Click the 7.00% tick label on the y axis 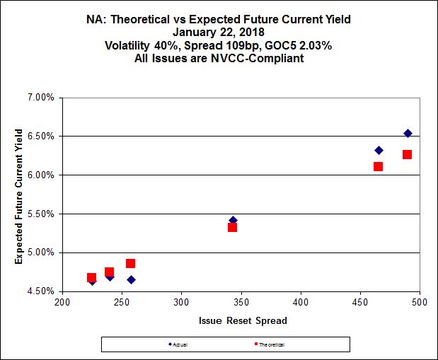coord(40,97)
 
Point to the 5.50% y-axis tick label coord(40,214)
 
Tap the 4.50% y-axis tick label coord(40,291)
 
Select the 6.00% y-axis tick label coord(40,175)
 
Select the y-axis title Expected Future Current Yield coord(20,196)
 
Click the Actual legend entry coord(180,344)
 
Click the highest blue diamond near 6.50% coord(408,133)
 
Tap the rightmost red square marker coord(407,154)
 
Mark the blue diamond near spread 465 coord(379,150)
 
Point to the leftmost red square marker coord(91,278)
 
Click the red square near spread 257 coord(130,263)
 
